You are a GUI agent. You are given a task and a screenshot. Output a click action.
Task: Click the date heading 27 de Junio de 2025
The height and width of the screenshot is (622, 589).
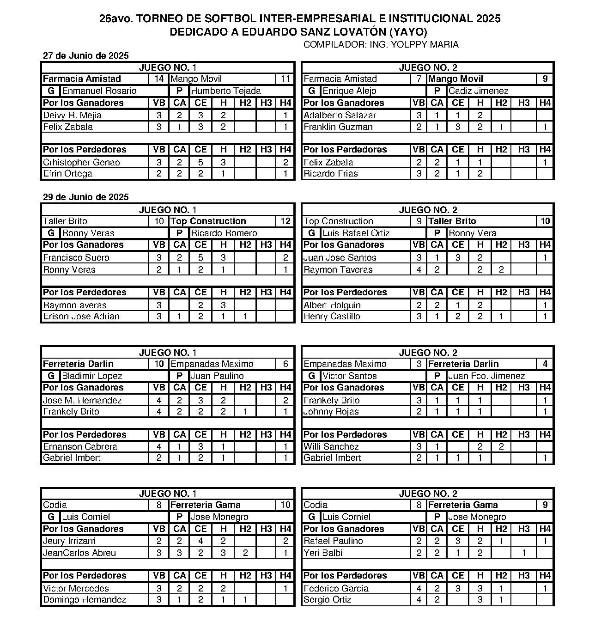coord(85,56)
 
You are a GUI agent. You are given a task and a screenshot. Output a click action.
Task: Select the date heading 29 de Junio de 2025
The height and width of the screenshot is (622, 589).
coord(85,197)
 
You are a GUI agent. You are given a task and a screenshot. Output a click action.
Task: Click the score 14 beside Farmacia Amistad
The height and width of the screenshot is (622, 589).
coord(159,79)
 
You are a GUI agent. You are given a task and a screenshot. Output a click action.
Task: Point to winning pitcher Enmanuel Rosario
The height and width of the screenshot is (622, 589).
coord(99,91)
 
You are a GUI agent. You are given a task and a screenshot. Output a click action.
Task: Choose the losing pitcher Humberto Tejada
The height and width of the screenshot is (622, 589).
coord(226,91)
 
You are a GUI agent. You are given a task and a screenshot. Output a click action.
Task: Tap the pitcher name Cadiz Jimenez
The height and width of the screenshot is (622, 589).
coord(478,91)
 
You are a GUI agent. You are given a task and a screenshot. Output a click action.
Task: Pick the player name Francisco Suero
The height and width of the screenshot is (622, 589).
coord(76,258)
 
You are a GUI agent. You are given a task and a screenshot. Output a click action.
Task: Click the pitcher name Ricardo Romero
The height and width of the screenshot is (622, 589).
coord(224,233)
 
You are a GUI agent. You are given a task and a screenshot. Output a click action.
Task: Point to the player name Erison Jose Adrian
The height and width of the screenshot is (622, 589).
coord(81,317)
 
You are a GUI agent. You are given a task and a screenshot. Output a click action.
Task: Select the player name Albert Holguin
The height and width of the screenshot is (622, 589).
coord(332,305)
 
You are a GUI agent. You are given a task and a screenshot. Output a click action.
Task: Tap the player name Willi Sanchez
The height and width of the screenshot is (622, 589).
coord(331,447)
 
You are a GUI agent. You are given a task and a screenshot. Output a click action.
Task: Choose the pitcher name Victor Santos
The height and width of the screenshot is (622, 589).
coord(350,376)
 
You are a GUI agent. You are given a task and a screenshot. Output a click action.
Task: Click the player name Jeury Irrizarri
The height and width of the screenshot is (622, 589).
coord(73,541)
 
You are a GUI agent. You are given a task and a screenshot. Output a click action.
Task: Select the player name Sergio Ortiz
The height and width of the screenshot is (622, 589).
coord(328,600)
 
